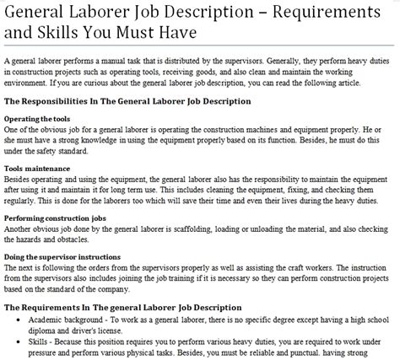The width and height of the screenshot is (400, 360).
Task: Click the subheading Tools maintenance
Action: click(38, 169)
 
